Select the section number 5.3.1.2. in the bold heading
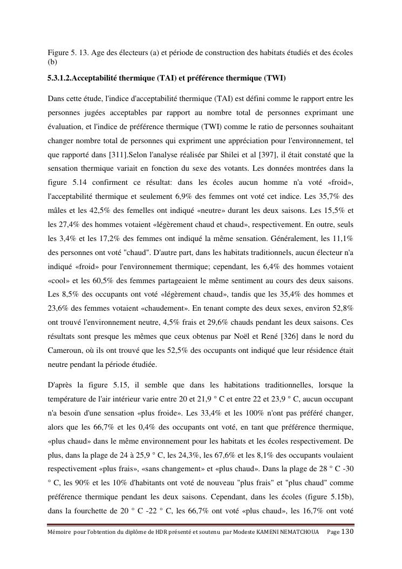(x=59, y=78)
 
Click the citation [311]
(x=118, y=155)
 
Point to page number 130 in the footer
(x=348, y=532)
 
